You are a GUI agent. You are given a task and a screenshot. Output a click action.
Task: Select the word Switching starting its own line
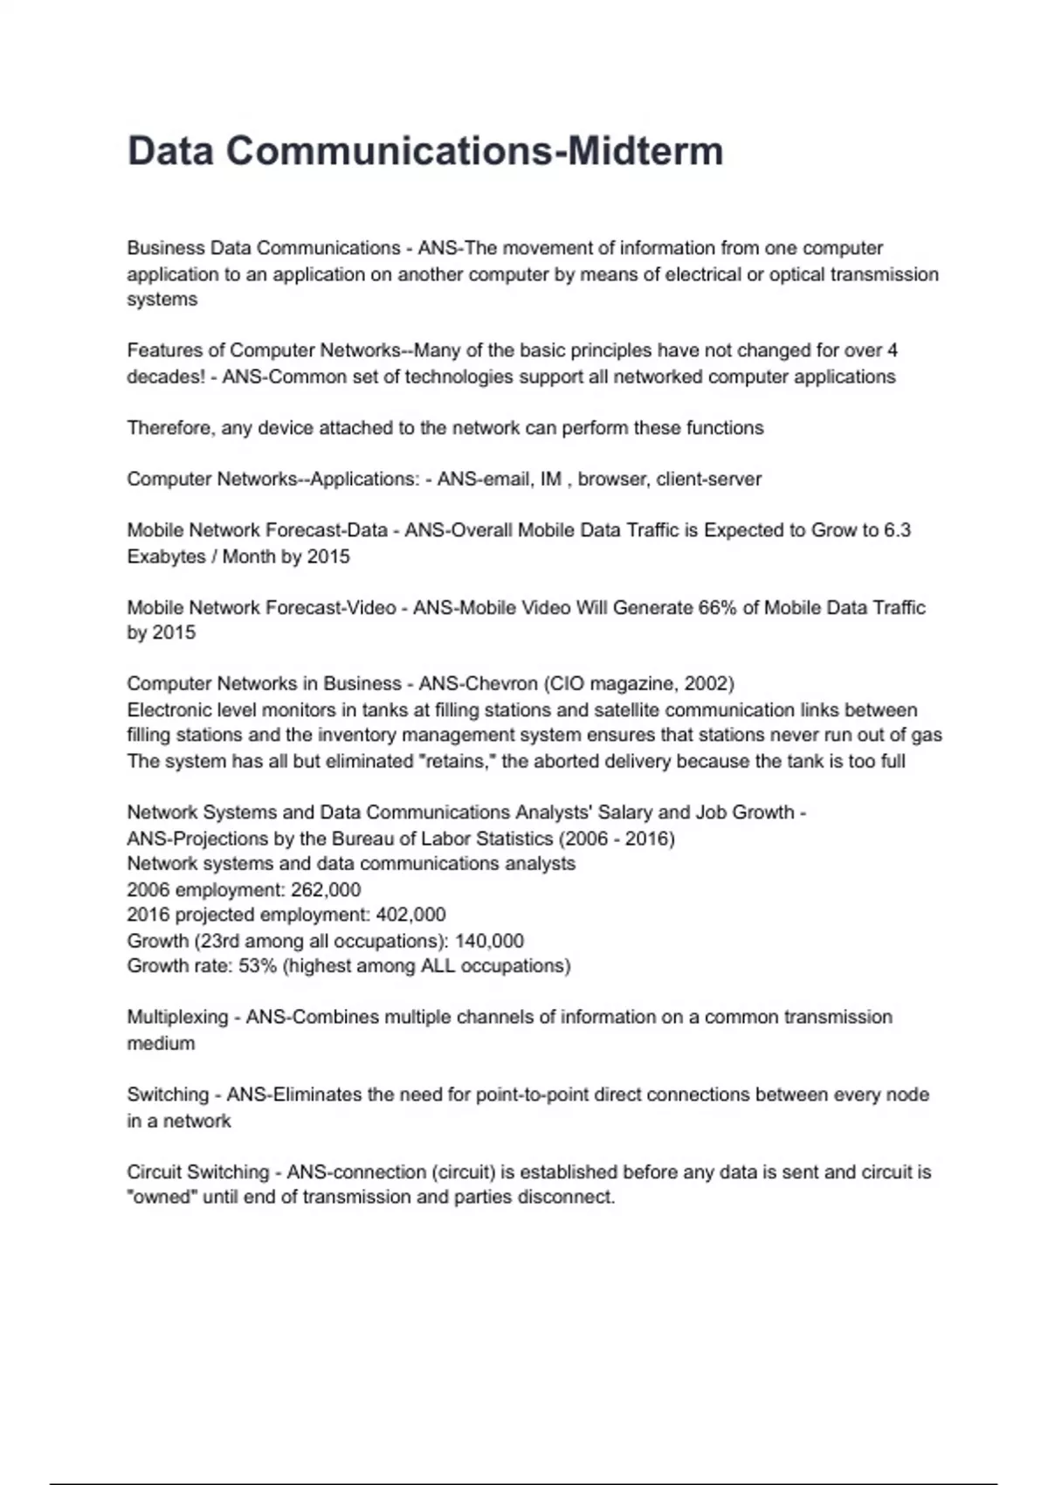(x=168, y=1095)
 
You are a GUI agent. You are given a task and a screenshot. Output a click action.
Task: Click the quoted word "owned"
(x=162, y=1197)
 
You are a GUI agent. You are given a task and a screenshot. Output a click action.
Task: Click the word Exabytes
(x=166, y=556)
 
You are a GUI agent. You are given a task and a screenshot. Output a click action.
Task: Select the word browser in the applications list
(x=611, y=479)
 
